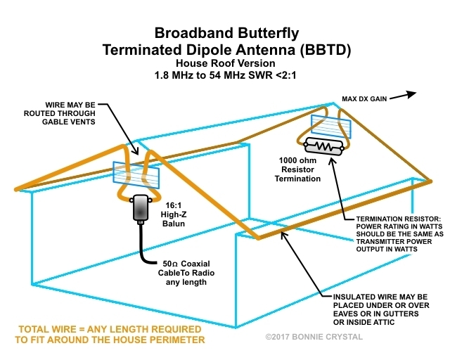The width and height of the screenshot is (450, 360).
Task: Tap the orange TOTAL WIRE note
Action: [105, 334]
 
